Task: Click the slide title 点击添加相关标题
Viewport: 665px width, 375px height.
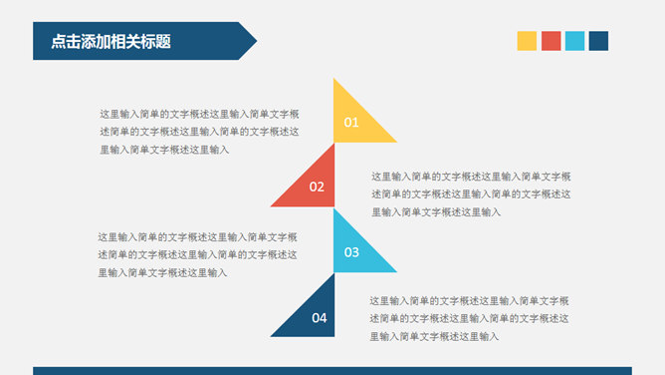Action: coord(111,42)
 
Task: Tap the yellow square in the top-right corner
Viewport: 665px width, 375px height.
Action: coord(527,41)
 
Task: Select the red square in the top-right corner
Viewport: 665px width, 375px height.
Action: coord(551,41)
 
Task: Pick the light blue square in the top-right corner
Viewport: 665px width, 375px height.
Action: coord(574,41)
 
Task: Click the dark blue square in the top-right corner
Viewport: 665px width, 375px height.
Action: coord(598,41)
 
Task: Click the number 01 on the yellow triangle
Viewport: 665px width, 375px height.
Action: coord(350,124)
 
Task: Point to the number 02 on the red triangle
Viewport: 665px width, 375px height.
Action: coord(317,187)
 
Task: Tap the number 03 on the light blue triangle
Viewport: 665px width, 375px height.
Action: coord(351,253)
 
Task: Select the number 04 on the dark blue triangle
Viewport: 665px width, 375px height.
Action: coord(319,319)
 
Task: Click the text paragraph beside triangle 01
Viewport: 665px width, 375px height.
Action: coord(199,132)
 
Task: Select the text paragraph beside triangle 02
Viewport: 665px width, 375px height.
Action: coord(471,193)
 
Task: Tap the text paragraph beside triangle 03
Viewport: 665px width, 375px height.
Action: coord(197,254)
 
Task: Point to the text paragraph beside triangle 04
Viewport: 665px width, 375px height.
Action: coord(469,318)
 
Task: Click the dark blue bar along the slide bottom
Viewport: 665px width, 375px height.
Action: coord(332,370)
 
